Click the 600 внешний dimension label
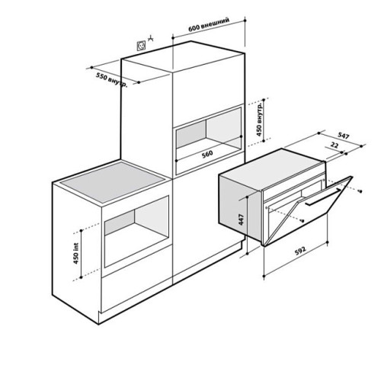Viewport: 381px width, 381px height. pyautogui.click(x=209, y=24)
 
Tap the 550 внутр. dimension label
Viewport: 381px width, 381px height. pyautogui.click(x=111, y=80)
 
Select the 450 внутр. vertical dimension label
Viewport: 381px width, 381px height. pyautogui.click(x=259, y=120)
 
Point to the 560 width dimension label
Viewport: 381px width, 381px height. pyautogui.click(x=207, y=154)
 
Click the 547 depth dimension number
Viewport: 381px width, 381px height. pyautogui.click(x=344, y=136)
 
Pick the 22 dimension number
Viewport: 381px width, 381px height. pyautogui.click(x=335, y=146)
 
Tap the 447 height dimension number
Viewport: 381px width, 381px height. pyautogui.click(x=241, y=219)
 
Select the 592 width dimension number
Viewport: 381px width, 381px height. pyautogui.click(x=300, y=251)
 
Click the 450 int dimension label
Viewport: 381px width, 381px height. pyautogui.click(x=76, y=254)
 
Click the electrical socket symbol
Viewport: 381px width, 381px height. pyautogui.click(x=142, y=46)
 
